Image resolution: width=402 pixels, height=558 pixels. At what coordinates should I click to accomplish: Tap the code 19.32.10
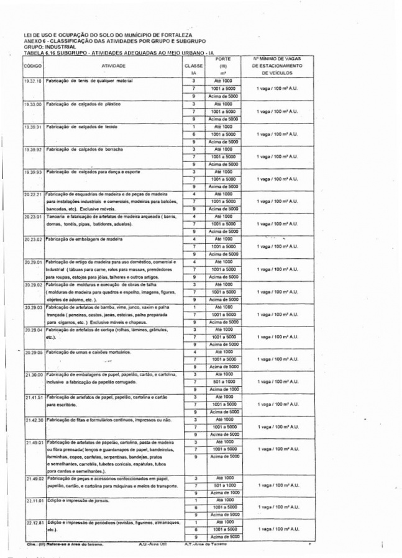32,82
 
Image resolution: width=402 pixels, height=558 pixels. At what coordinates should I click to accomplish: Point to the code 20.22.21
32,194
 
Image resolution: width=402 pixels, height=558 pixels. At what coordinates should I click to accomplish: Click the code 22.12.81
32,523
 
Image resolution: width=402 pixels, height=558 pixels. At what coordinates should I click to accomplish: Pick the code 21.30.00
32,375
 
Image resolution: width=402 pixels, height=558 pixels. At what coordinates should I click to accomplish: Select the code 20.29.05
32,353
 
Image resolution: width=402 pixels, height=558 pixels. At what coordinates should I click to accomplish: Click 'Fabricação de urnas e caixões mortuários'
87,353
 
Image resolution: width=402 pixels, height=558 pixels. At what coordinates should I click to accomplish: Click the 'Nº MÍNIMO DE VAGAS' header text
277,58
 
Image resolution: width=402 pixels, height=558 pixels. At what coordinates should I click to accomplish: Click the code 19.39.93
32,172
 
